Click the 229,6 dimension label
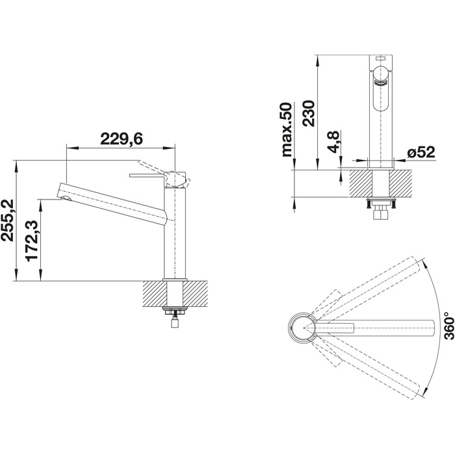(x=122, y=139)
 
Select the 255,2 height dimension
(x=8, y=220)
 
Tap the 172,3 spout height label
(x=32, y=241)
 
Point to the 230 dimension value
(x=308, y=113)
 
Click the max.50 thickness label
(x=287, y=130)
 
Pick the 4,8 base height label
(x=333, y=142)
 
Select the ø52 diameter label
(x=421, y=152)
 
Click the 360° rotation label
(x=448, y=326)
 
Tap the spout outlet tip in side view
(x=66, y=198)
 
